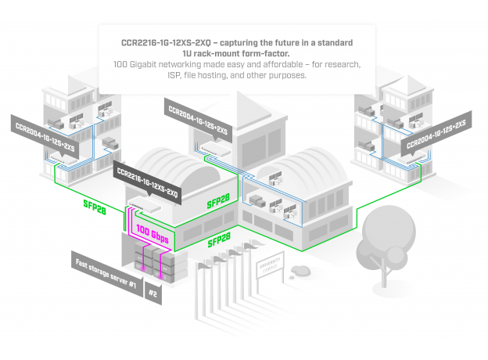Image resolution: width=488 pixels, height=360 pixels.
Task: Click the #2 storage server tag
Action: (152, 296)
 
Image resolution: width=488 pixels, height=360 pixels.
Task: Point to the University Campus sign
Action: (268, 271)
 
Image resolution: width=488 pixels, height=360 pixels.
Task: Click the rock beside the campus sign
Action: (300, 272)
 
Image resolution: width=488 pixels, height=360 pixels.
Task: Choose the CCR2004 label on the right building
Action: (435, 135)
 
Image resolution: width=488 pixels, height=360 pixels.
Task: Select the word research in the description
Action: (337, 64)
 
